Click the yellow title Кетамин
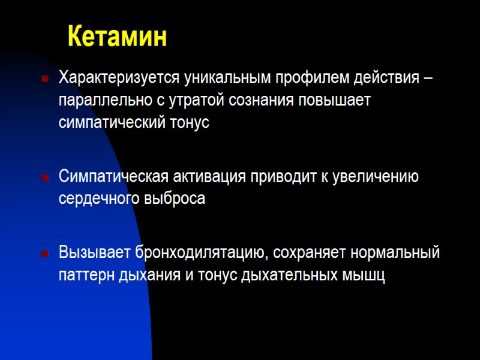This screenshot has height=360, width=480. click(x=117, y=37)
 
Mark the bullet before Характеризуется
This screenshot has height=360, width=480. click(x=44, y=79)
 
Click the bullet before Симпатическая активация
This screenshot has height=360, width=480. click(x=44, y=177)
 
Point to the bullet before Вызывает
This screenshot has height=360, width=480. click(x=44, y=253)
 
